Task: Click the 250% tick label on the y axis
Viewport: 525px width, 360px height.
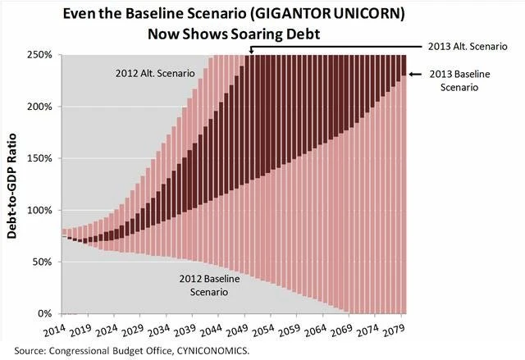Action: pos(39,55)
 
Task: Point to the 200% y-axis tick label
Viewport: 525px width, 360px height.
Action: pos(39,107)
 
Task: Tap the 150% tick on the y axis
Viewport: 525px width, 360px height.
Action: pos(39,158)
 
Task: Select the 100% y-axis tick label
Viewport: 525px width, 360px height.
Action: pos(39,210)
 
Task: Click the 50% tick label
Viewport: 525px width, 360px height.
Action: pos(42,262)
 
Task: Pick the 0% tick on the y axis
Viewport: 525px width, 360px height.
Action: pos(44,313)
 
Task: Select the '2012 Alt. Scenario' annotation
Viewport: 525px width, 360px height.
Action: pos(154,74)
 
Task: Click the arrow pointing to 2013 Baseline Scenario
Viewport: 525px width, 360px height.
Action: pos(417,75)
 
